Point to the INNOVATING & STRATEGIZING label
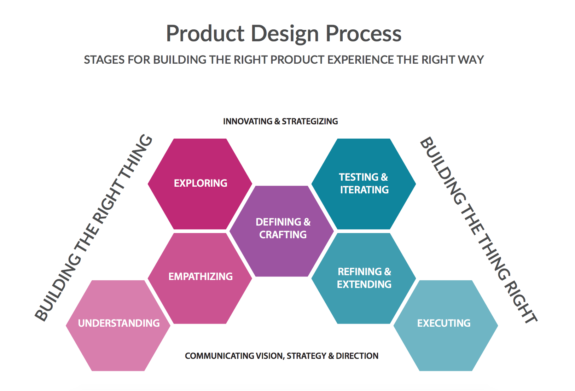[280, 121]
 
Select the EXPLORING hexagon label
[201, 183]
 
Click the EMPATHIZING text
[201, 276]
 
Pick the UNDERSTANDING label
[119, 323]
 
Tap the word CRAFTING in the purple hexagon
[283, 235]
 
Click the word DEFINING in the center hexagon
[278, 222]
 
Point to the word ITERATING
[364, 190]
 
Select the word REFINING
[360, 272]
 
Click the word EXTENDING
[364, 284]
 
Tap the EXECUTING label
[444, 323]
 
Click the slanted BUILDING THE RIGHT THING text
[94, 228]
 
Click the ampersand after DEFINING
[307, 222]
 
